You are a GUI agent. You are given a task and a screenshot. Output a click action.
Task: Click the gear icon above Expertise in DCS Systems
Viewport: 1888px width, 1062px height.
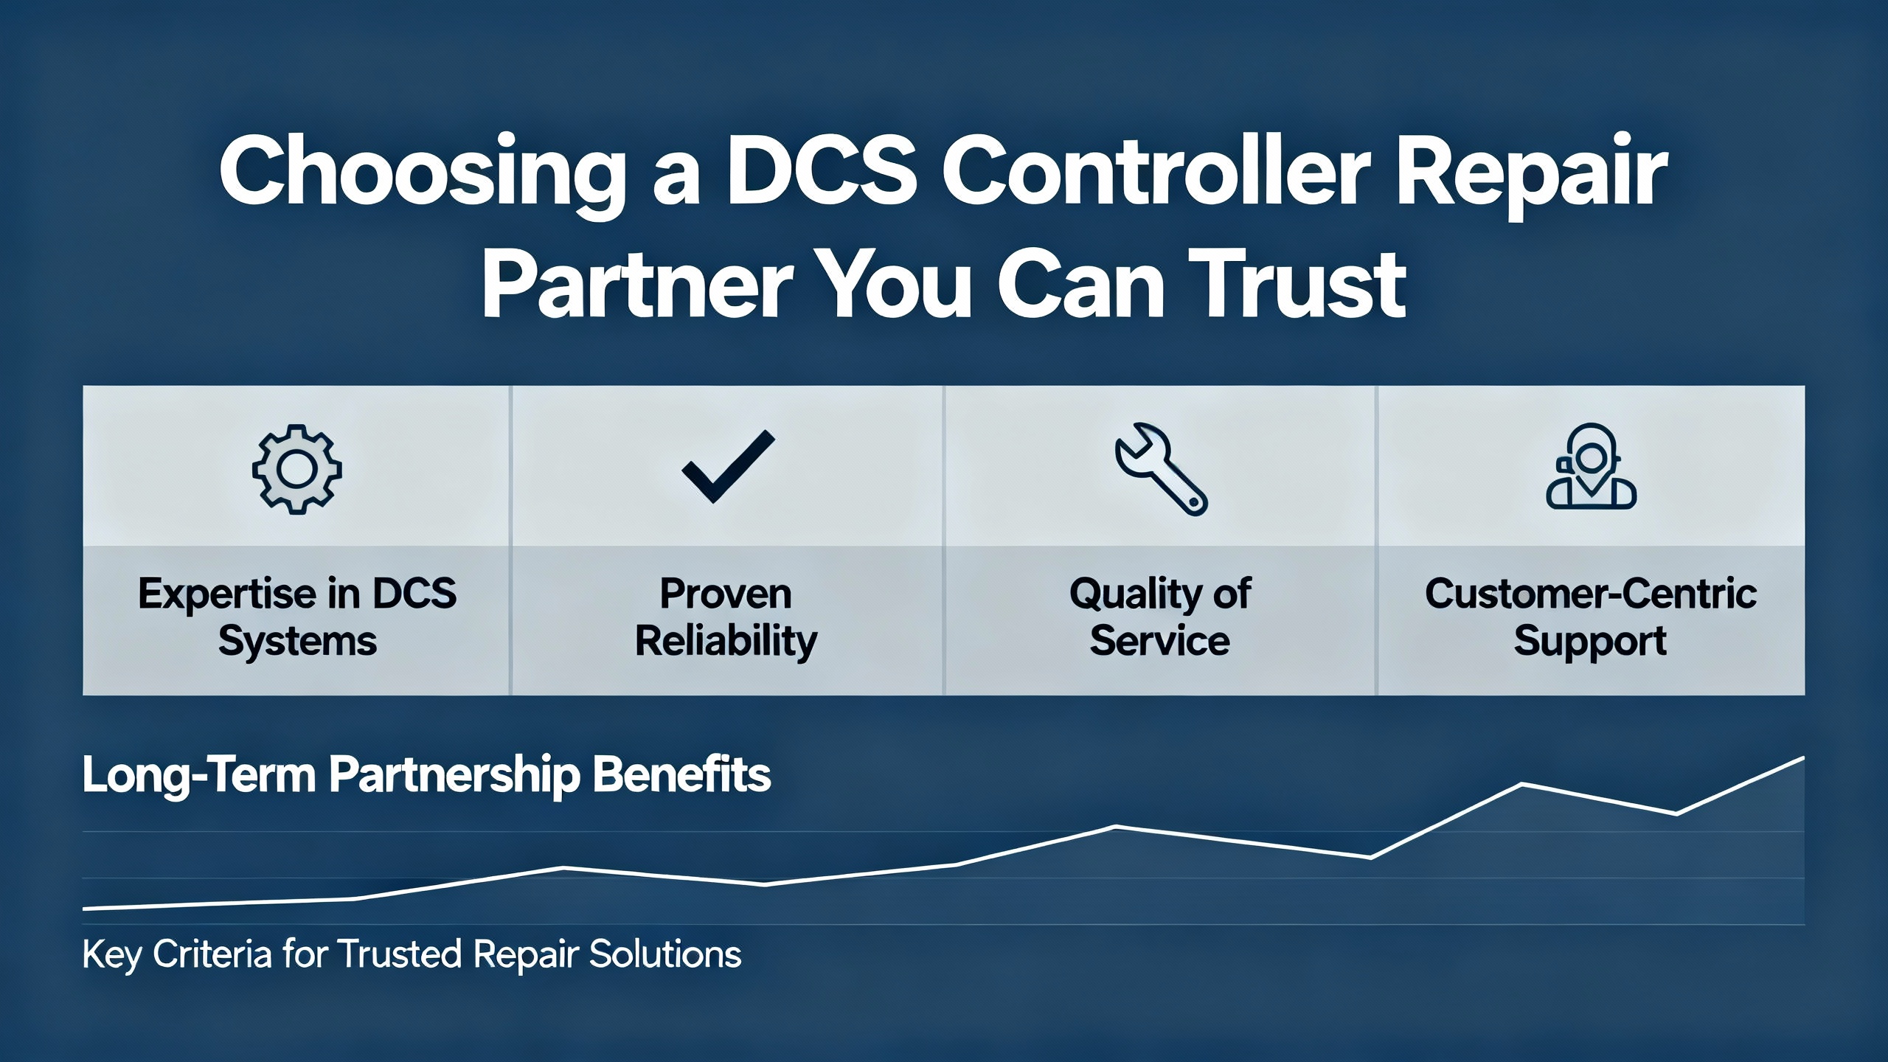click(x=296, y=469)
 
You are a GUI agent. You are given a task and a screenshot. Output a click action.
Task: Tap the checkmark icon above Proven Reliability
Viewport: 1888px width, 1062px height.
click(x=728, y=466)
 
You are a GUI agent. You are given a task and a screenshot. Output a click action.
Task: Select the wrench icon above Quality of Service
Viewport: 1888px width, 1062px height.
click(x=1161, y=469)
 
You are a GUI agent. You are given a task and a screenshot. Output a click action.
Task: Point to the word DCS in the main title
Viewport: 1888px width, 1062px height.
click(x=822, y=171)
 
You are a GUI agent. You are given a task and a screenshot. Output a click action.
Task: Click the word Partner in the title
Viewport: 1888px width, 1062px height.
click(x=637, y=285)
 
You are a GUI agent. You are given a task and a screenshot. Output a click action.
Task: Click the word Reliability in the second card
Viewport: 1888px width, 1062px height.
click(x=726, y=641)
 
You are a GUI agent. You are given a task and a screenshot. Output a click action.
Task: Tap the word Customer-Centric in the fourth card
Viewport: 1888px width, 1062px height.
click(x=1591, y=593)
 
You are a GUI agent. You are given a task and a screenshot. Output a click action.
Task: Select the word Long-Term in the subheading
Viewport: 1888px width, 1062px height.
click(x=199, y=776)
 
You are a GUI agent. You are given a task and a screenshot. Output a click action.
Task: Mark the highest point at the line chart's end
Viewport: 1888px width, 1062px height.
click(x=1804, y=757)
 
